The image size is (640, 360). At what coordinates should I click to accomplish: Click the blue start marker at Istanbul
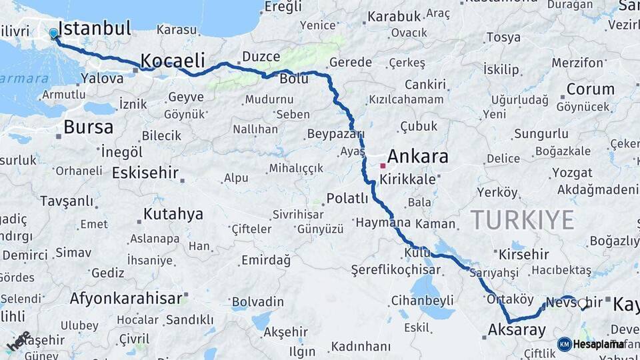[x=53, y=32]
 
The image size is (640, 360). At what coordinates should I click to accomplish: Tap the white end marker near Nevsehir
[x=583, y=303]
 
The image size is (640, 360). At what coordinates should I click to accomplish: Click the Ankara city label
[x=417, y=157]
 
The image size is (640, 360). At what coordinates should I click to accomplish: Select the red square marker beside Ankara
[x=383, y=165]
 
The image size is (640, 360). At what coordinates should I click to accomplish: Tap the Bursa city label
[x=88, y=127]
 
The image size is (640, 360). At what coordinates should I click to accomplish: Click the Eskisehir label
[x=145, y=173]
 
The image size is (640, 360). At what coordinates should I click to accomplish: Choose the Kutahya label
[x=173, y=215]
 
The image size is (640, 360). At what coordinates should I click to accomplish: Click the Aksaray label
[x=517, y=329]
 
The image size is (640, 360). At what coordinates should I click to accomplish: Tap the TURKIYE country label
[x=523, y=219]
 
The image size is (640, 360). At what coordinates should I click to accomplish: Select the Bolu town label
[x=293, y=79]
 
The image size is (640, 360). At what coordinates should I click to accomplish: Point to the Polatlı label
[x=347, y=199]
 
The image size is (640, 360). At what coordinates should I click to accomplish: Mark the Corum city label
[x=591, y=89]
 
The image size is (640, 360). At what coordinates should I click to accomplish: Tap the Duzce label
[x=261, y=57]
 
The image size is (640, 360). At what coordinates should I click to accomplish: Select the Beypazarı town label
[x=335, y=134]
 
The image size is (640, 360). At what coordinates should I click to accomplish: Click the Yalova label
[x=102, y=79]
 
